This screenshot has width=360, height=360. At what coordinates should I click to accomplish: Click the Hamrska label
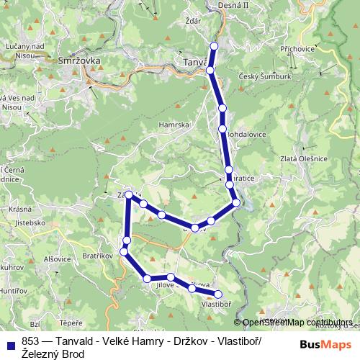pyautogui.click(x=175, y=125)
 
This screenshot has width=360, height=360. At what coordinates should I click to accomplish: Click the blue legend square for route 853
pyautogui.click(x=10, y=342)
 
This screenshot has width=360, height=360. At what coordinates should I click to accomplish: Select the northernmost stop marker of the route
pyautogui.click(x=213, y=46)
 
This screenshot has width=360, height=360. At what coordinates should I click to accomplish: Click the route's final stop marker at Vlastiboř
pyautogui.click(x=218, y=294)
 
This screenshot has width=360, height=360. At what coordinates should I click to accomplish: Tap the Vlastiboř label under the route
pyautogui.click(x=216, y=305)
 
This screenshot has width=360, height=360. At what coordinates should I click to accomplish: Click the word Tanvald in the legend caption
pyautogui.click(x=76, y=341)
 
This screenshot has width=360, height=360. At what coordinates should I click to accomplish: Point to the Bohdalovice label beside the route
pyautogui.click(x=247, y=135)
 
